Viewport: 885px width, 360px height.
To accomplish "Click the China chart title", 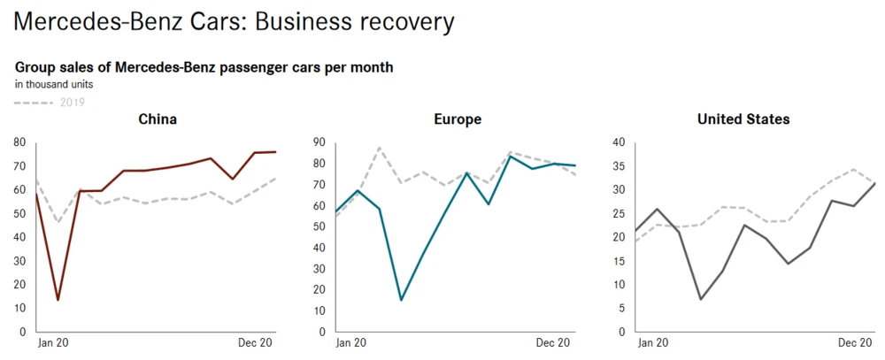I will point(158,119).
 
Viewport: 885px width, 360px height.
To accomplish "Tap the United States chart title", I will point(743,119).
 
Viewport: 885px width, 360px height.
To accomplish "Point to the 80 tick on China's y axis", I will point(19,142).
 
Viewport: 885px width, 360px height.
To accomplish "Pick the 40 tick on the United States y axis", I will point(619,142).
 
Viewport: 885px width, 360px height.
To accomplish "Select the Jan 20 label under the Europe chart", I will point(351,343).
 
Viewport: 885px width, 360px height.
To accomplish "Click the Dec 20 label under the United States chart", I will point(855,343).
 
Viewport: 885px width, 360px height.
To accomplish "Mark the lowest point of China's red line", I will point(58,300).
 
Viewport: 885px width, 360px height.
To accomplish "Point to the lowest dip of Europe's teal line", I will point(401,300).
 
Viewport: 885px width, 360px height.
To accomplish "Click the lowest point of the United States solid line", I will point(701,299).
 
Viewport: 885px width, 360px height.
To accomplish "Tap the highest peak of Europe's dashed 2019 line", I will point(380,148).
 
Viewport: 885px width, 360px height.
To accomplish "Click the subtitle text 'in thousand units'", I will point(54,85).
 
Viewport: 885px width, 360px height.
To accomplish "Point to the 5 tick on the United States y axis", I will point(623,309).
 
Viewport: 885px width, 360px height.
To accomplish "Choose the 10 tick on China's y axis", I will point(19,309).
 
